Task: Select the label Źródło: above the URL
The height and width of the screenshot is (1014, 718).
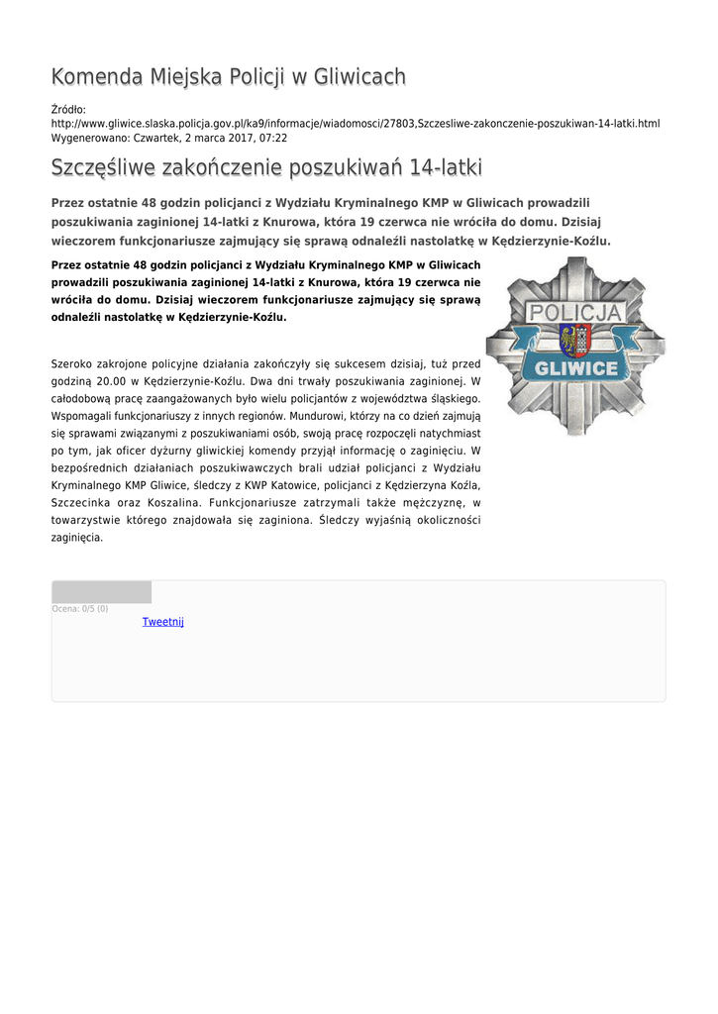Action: coord(68,108)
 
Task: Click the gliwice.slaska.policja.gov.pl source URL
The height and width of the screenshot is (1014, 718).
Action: coord(355,123)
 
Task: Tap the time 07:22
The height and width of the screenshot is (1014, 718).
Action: coord(274,138)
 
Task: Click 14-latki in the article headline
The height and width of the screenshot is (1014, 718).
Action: coord(446,166)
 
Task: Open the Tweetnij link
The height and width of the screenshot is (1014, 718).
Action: coord(162,622)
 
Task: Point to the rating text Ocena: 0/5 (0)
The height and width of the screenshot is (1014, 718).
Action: coord(80,609)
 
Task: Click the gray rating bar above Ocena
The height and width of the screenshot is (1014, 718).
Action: coord(101,592)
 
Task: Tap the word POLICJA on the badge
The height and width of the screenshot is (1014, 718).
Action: coord(575,314)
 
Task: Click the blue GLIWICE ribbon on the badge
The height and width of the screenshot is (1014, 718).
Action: coord(575,369)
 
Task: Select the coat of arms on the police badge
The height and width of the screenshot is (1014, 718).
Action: coord(574,341)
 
